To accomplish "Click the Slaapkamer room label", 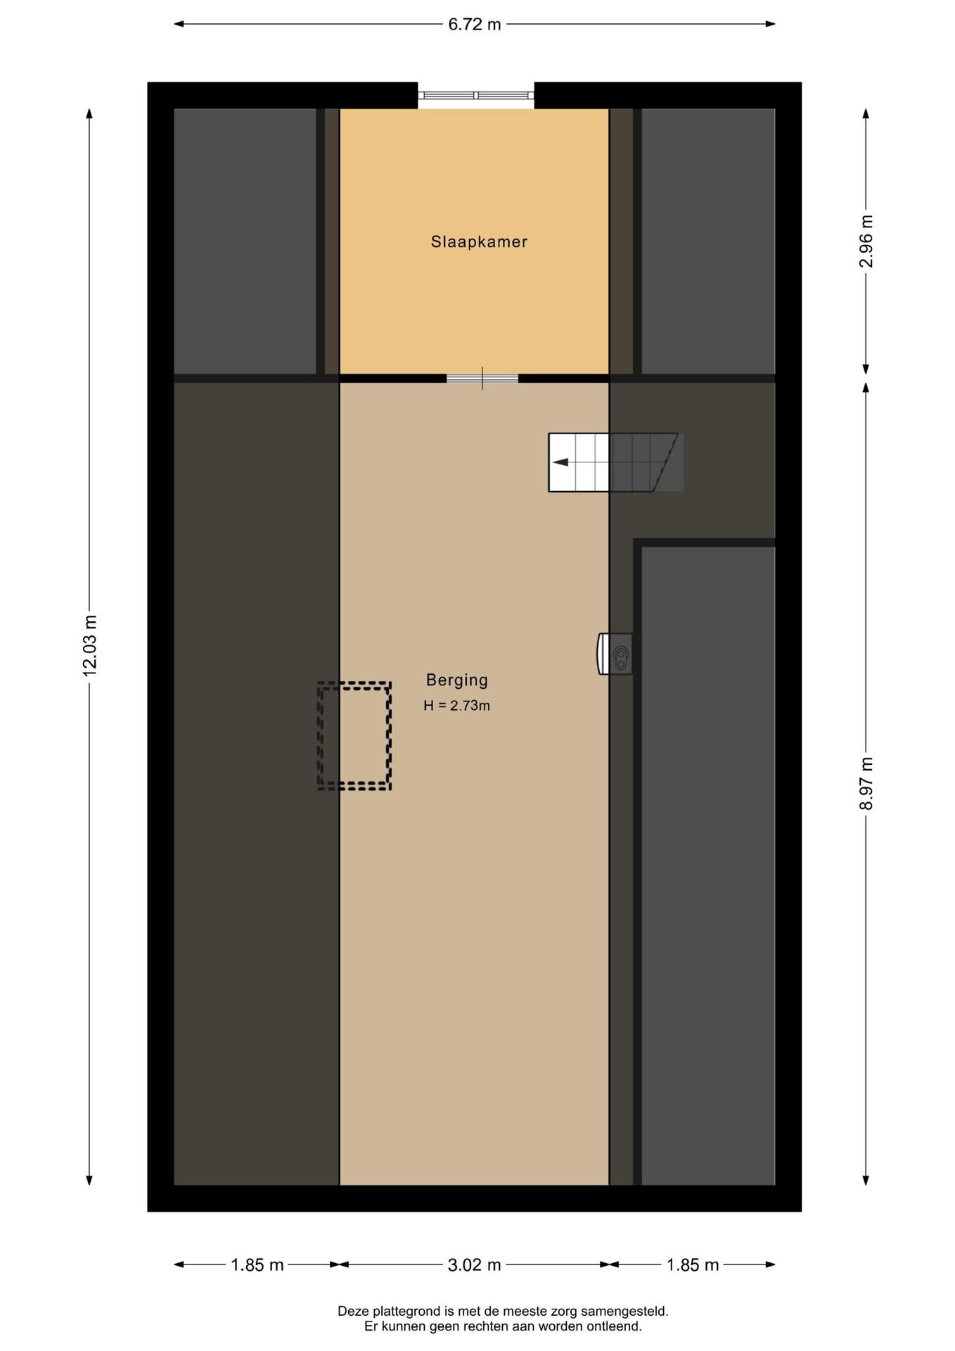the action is [479, 242].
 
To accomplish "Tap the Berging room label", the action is [457, 680].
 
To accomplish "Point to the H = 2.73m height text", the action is [457, 706].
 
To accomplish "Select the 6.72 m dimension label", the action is [475, 25].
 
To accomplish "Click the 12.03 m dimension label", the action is [90, 645].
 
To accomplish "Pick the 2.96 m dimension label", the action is [866, 241].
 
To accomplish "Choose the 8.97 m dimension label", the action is [866, 783].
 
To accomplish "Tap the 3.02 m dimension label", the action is [475, 1265].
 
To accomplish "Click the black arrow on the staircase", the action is [560, 462].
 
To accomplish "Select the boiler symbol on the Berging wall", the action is [615, 654].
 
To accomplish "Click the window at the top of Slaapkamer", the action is [476, 95].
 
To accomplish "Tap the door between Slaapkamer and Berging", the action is [482, 379].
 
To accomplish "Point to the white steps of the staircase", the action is [579, 462].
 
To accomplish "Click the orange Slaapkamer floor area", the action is [475, 303].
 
